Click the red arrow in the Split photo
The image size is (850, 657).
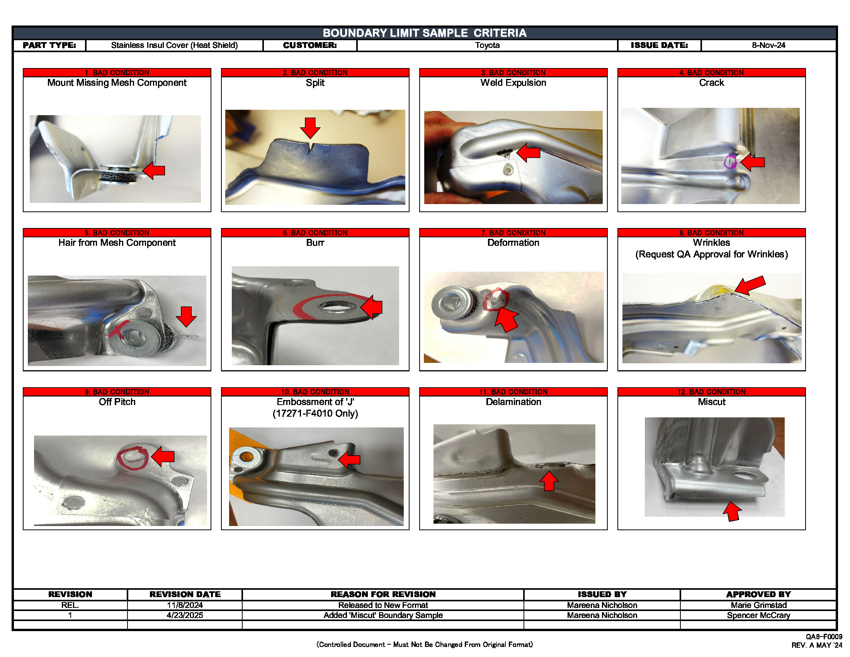pyautogui.click(x=310, y=128)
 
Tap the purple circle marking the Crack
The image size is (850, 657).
pyautogui.click(x=730, y=162)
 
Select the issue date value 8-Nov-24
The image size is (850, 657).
pyautogui.click(x=768, y=45)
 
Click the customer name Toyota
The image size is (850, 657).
pyautogui.click(x=487, y=45)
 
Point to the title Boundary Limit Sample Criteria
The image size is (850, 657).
pyautogui.click(x=424, y=33)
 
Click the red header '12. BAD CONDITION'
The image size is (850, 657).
pyautogui.click(x=711, y=391)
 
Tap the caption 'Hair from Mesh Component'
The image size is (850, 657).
pyautogui.click(x=117, y=242)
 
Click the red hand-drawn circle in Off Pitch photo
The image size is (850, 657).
pyautogui.click(x=133, y=458)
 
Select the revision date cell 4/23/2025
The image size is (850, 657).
pyautogui.click(x=184, y=615)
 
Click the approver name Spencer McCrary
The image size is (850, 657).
pyautogui.click(x=758, y=615)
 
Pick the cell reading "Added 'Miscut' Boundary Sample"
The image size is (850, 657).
pyautogui.click(x=383, y=615)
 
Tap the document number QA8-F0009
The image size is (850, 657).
pyautogui.click(x=824, y=637)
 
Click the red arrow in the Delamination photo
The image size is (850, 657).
pyautogui.click(x=549, y=481)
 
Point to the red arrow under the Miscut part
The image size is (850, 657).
pyautogui.click(x=732, y=511)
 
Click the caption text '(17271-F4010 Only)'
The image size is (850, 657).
pyautogui.click(x=315, y=414)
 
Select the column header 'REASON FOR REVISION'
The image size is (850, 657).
pyautogui.click(x=383, y=594)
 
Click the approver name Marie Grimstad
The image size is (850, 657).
pyautogui.click(x=758, y=605)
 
